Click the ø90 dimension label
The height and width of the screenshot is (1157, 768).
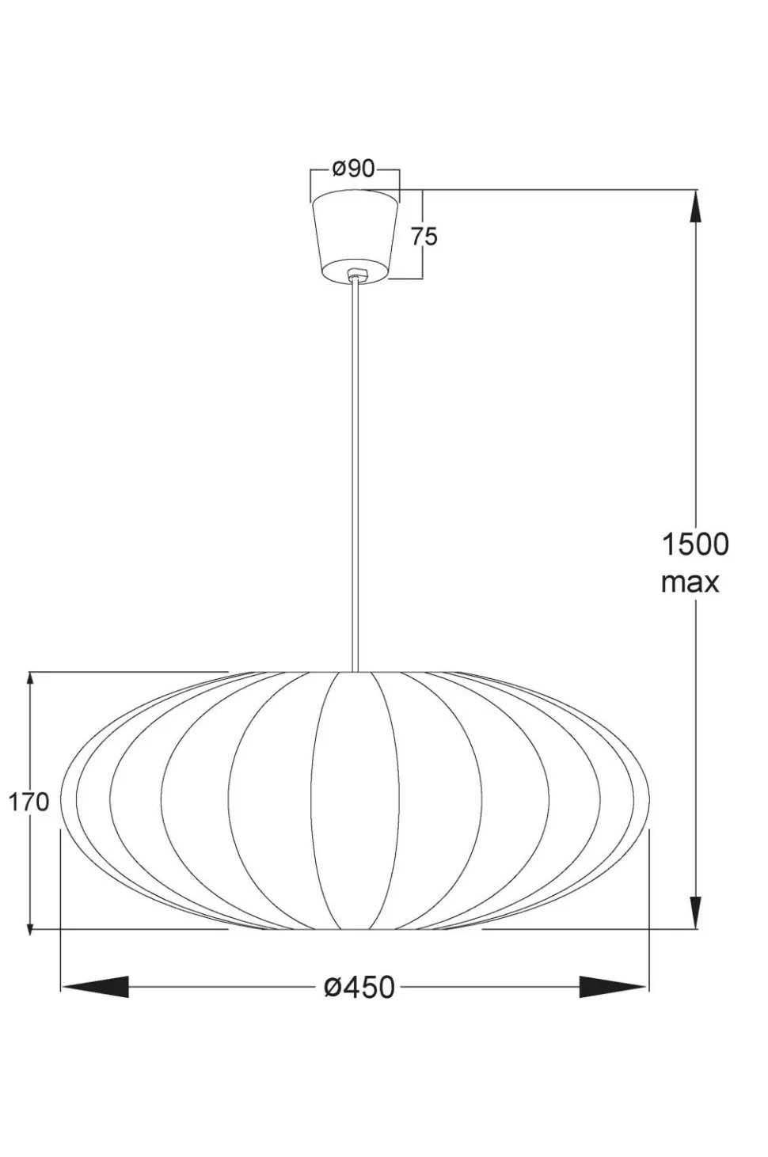pyautogui.click(x=353, y=169)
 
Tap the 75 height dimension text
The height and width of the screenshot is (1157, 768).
pyautogui.click(x=424, y=236)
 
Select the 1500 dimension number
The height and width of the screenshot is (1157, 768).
pyautogui.click(x=695, y=544)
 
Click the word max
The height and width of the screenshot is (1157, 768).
pyautogui.click(x=690, y=583)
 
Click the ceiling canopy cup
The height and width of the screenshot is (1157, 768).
pyautogui.click(x=355, y=237)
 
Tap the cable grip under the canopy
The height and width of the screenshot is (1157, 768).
pyautogui.click(x=355, y=274)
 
